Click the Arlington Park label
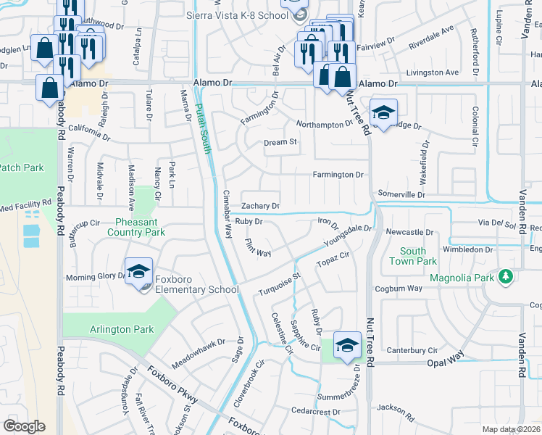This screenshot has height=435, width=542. (x=122, y=329)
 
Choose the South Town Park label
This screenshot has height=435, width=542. (x=418, y=256)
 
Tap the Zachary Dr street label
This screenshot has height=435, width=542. (x=260, y=206)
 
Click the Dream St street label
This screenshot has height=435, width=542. (x=280, y=143)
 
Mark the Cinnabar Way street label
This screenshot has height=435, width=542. (x=227, y=215)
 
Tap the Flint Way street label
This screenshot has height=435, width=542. (x=258, y=247)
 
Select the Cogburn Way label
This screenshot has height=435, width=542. (x=399, y=289)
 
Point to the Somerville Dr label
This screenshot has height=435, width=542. (x=401, y=195)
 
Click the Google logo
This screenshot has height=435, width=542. (x=24, y=426)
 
